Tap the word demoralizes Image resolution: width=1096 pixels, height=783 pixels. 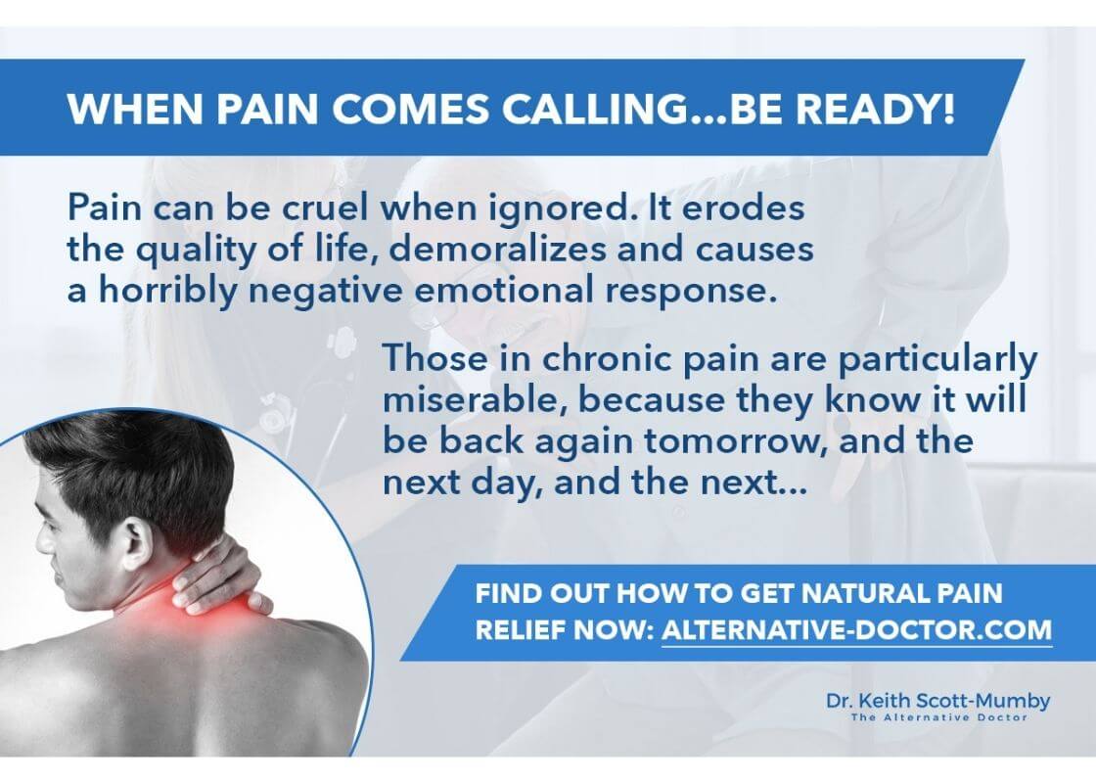pos(497,250)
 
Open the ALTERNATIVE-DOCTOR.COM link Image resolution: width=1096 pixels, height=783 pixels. pos(857,630)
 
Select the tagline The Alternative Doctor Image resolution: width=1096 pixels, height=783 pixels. pos(938,717)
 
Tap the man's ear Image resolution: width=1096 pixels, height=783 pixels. pos(137,542)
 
